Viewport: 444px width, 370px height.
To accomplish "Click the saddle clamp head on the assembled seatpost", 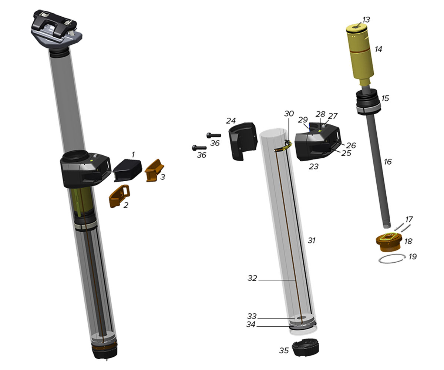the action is coord(56,29).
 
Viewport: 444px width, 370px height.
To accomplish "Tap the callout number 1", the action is coord(133,155).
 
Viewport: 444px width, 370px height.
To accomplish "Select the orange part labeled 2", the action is coord(119,196).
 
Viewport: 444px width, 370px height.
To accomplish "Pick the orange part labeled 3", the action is coord(154,170).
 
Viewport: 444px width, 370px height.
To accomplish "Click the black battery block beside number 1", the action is coord(127,170).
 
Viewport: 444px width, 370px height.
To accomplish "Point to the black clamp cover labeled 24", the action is coord(242,141).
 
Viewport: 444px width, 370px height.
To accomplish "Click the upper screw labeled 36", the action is coord(214,135).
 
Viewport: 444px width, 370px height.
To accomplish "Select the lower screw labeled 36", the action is coord(199,148).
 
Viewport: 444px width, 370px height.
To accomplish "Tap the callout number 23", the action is coord(313,166).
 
